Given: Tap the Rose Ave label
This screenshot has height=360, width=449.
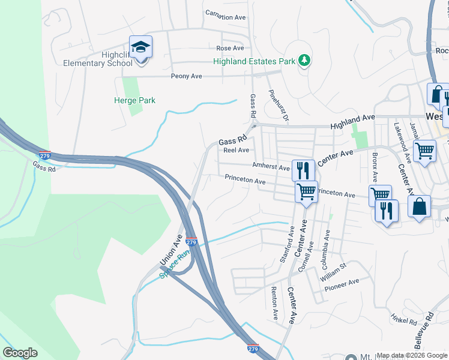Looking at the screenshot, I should coord(231,48).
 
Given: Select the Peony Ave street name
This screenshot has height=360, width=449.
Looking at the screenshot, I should coord(186,77).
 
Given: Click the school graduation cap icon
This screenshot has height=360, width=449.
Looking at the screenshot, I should coord(140,47).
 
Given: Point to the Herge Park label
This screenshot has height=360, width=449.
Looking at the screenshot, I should coord(134,100).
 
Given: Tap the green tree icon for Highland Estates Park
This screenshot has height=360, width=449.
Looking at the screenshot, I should coord(305,59).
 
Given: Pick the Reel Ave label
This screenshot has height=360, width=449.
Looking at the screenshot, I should coord(236,151).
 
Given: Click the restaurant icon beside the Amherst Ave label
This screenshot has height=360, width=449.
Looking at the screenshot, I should coord(302,169).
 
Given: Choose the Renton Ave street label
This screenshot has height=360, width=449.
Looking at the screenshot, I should coord(274,302).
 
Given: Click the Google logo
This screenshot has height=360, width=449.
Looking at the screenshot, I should coord(20,353).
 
